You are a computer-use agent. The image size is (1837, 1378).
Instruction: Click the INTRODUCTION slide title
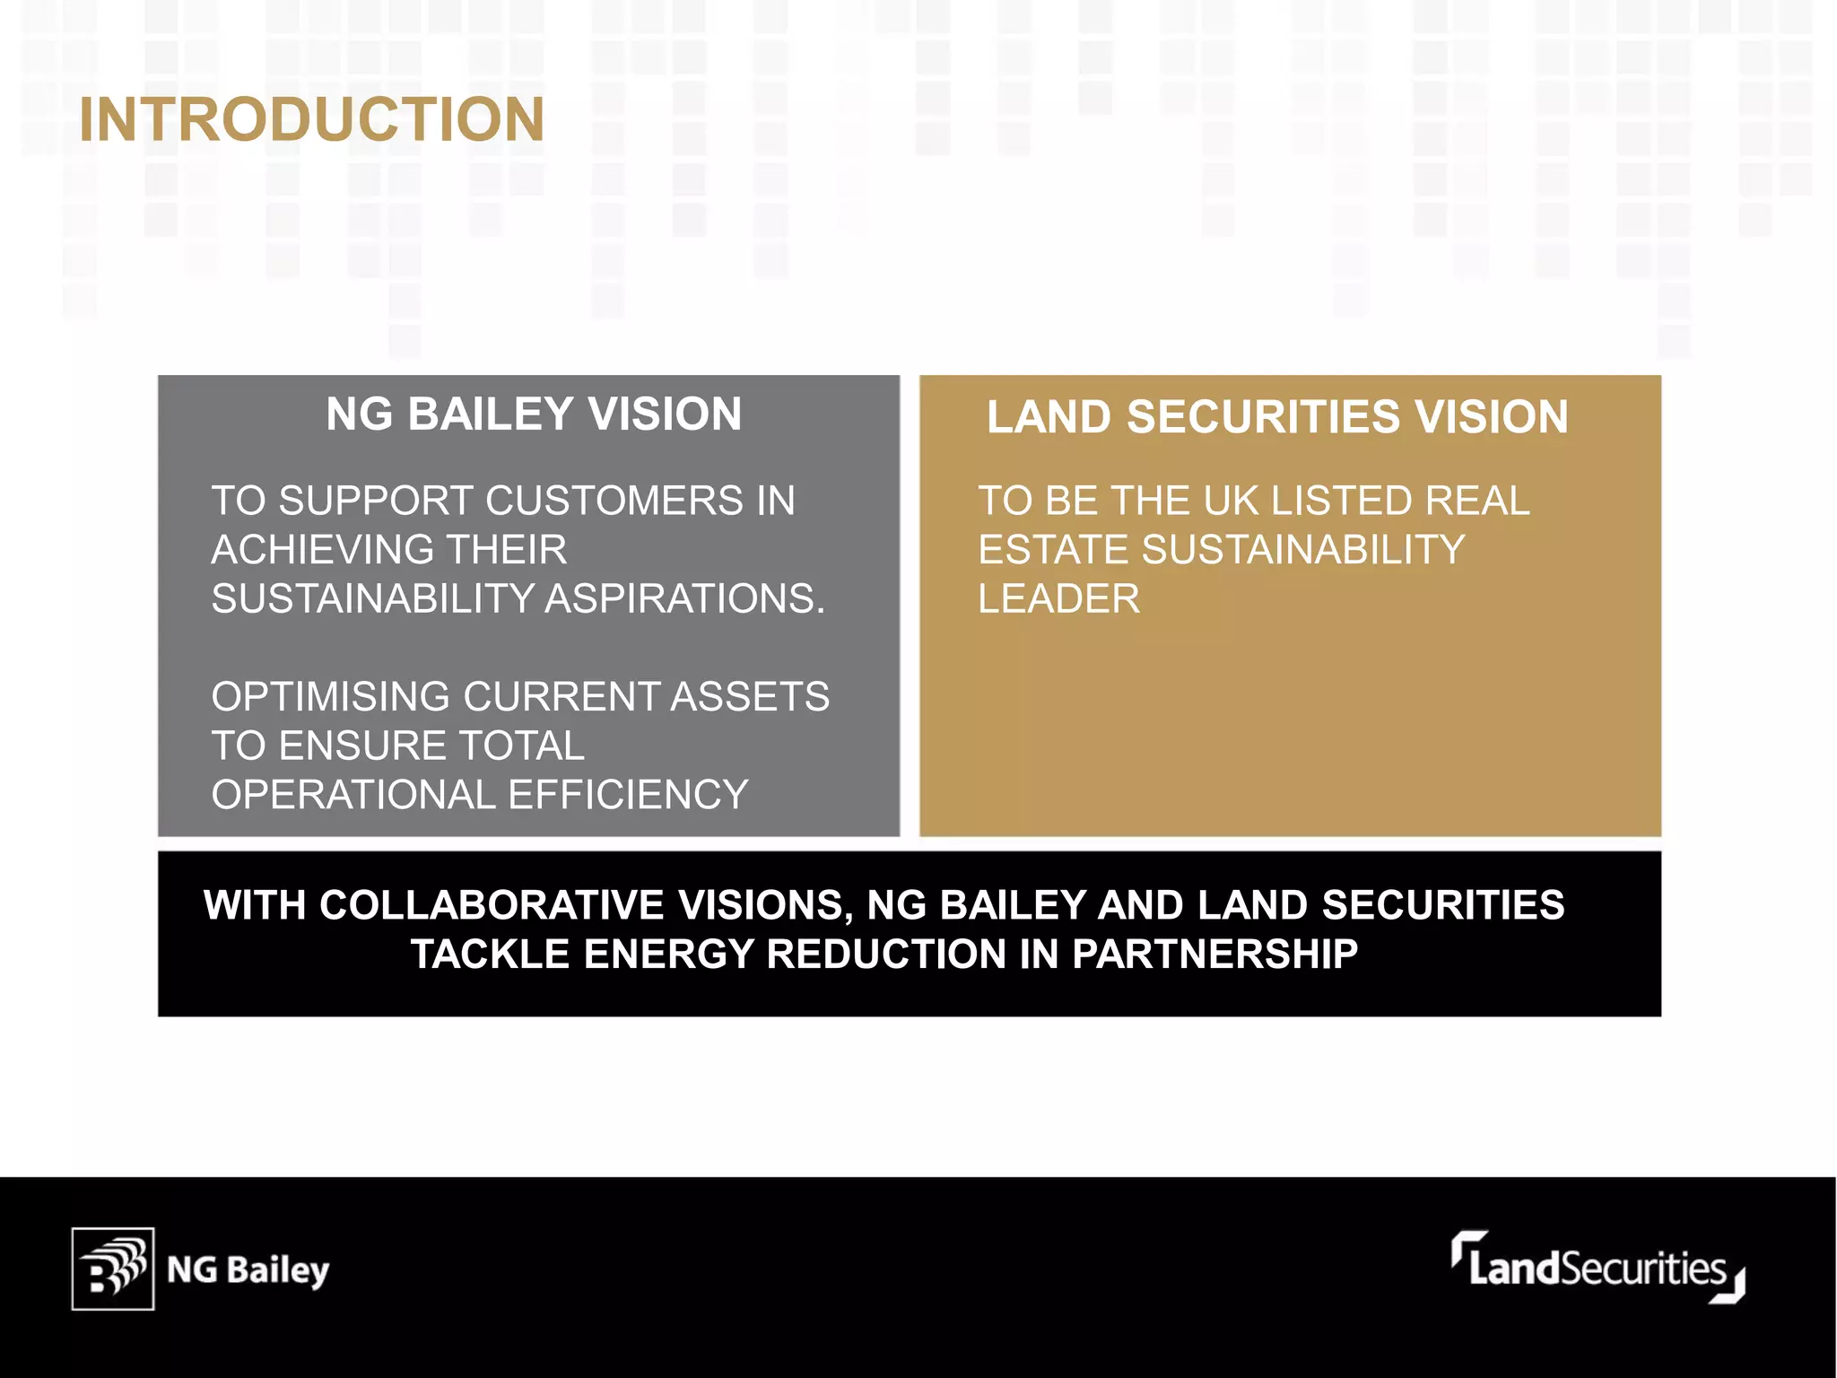coord(311,119)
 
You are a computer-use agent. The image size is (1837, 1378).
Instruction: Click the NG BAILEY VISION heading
coord(534,414)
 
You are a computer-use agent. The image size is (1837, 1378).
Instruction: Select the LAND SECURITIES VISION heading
coord(1277,417)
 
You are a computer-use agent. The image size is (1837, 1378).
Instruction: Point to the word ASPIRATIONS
coord(684,598)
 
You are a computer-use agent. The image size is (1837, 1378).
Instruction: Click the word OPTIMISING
coord(329,697)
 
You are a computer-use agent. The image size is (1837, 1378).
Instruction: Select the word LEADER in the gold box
coord(1058,598)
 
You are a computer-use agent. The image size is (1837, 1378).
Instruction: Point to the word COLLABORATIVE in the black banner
coord(492,905)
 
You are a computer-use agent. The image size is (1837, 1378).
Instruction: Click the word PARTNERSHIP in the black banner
coord(1215,954)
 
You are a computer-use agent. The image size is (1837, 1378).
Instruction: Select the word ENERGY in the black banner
coord(668,954)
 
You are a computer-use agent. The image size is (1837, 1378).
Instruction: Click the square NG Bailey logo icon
coord(113,1269)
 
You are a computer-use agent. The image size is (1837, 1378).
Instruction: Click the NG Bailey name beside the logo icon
coord(248,1270)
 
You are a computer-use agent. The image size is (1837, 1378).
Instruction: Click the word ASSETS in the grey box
coord(750,697)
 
